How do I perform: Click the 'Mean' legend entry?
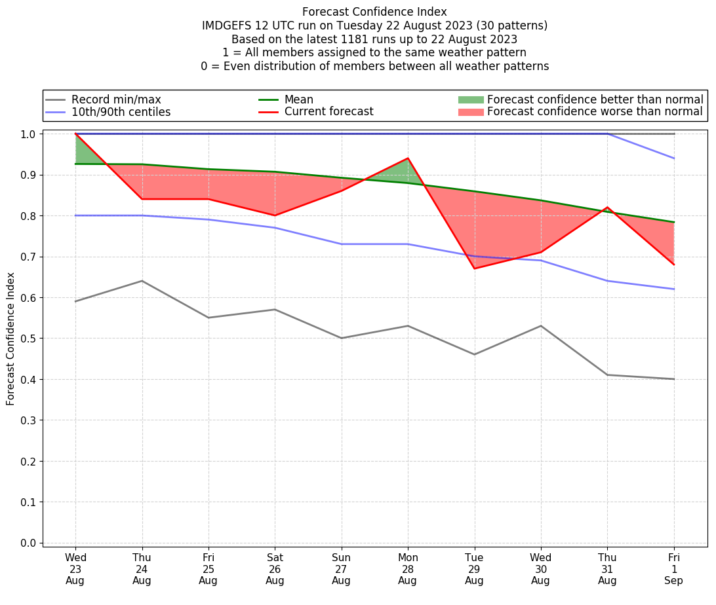click(x=298, y=100)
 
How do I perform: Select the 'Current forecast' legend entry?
click(x=328, y=112)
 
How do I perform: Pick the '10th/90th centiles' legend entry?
click(x=121, y=112)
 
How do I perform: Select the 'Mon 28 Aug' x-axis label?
click(x=408, y=568)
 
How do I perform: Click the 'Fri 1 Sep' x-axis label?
click(x=674, y=568)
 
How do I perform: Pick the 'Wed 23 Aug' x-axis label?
click(x=75, y=568)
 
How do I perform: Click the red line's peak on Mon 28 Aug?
click(x=408, y=158)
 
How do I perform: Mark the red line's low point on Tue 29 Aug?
click(x=474, y=268)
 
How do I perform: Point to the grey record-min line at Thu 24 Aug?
click(x=142, y=281)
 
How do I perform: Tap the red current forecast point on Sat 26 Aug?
click(x=275, y=215)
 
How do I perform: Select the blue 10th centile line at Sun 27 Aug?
click(x=341, y=244)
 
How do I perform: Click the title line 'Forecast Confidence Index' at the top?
click(x=374, y=12)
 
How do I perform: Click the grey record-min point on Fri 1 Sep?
click(x=674, y=379)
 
